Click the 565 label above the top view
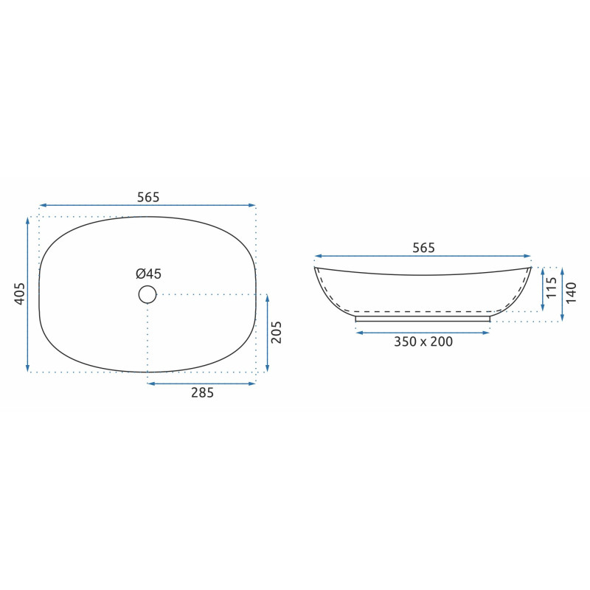point(148,197)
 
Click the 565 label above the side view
point(423,248)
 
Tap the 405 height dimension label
point(20,294)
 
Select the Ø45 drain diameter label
point(149,274)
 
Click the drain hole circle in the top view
point(147,294)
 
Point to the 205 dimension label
point(277,333)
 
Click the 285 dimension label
point(202,393)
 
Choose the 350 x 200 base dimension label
point(423,341)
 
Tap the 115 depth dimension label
point(551,288)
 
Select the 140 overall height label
point(571,293)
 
